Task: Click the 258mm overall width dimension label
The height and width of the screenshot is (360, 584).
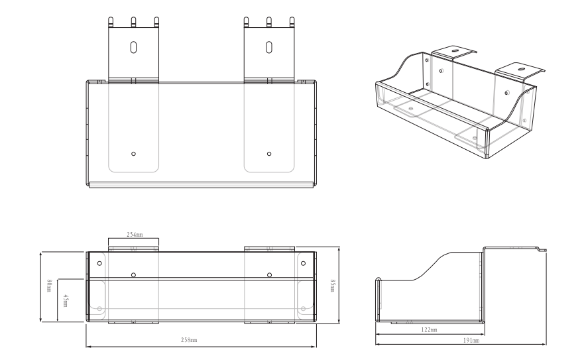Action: click(x=189, y=340)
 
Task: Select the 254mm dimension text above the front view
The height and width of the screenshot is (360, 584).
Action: click(x=135, y=235)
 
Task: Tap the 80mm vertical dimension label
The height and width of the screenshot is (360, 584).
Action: click(x=49, y=287)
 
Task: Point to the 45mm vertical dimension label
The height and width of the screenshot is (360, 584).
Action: click(x=65, y=300)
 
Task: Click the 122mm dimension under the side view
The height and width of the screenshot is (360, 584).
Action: click(x=429, y=329)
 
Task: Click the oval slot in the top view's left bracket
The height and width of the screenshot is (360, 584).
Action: click(x=133, y=47)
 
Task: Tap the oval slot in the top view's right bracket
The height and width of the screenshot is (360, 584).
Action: click(x=268, y=47)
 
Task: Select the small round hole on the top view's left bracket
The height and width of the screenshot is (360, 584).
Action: click(x=133, y=153)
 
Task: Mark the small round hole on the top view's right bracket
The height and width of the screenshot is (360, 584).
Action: click(x=268, y=153)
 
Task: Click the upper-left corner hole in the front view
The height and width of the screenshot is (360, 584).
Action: click(x=99, y=263)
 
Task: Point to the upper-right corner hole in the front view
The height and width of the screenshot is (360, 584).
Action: click(x=304, y=263)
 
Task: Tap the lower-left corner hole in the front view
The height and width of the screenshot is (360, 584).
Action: click(x=99, y=308)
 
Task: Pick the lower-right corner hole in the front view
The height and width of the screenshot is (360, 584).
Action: click(x=304, y=308)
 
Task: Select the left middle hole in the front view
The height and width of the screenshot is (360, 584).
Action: click(x=133, y=274)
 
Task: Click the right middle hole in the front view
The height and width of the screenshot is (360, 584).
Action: click(x=269, y=274)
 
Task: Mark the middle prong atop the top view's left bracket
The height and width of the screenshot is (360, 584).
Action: click(x=133, y=21)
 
